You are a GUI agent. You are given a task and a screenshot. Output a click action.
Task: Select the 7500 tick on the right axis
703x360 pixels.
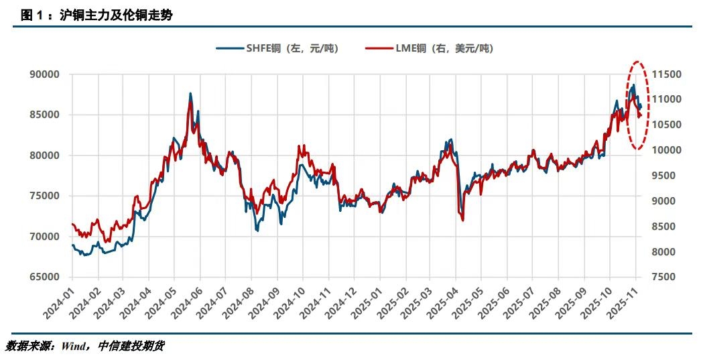664,277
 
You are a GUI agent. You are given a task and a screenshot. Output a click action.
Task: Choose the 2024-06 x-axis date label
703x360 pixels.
189,300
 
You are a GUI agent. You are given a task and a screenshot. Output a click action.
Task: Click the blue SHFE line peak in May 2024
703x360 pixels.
190,94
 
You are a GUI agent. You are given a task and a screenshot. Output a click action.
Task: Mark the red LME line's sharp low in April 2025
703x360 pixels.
462,219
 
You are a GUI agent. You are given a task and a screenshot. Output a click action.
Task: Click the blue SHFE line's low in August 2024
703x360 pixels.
257,231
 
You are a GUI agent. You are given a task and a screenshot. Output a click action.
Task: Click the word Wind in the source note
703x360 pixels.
72,346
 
